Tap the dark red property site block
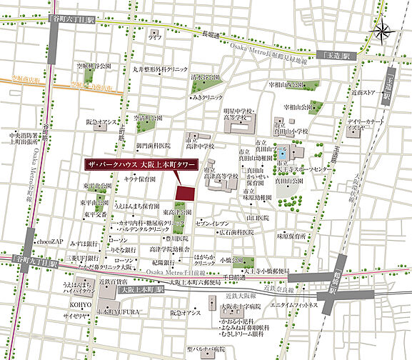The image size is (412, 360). tap(186, 193)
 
